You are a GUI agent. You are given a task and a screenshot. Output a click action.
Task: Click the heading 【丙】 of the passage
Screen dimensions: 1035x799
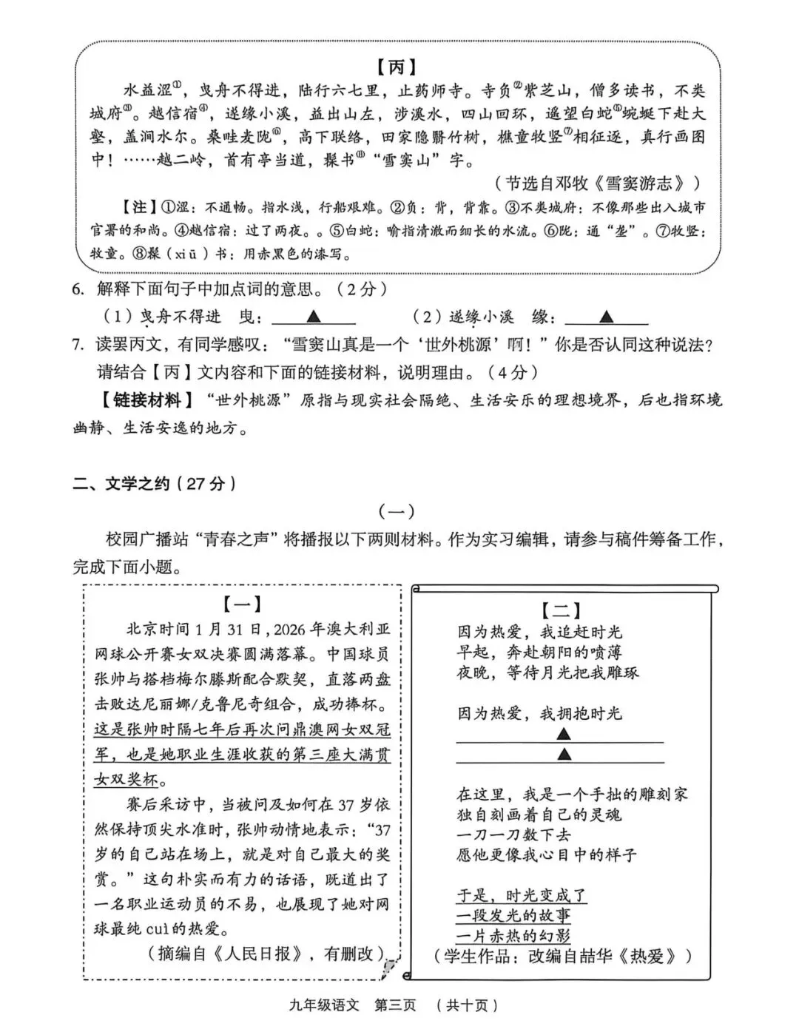click(x=397, y=67)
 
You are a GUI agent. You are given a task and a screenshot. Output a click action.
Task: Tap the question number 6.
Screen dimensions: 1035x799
click(x=78, y=289)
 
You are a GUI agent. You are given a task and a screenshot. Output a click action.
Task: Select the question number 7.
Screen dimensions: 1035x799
click(x=78, y=344)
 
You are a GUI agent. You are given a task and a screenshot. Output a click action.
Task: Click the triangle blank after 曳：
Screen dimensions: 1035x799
click(x=313, y=317)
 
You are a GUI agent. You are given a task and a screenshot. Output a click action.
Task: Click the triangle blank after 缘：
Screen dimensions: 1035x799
click(x=606, y=317)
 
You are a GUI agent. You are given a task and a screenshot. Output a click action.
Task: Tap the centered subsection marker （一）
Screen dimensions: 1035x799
click(x=397, y=511)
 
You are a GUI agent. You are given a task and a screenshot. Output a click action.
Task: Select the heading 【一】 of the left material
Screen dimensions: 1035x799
click(x=242, y=604)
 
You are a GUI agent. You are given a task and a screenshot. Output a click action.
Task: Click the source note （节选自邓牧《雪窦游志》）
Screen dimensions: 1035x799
click(x=597, y=183)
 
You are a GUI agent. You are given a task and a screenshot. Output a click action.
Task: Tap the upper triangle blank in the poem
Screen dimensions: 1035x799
click(x=563, y=734)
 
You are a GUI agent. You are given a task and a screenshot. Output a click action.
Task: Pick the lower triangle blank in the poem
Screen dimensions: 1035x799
click(x=563, y=754)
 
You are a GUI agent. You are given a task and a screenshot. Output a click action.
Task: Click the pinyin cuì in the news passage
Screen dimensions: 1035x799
click(x=157, y=928)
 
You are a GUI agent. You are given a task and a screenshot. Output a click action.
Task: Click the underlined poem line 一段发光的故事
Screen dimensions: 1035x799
click(x=513, y=916)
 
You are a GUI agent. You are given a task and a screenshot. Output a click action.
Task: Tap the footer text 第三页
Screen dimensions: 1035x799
click(x=395, y=1005)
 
